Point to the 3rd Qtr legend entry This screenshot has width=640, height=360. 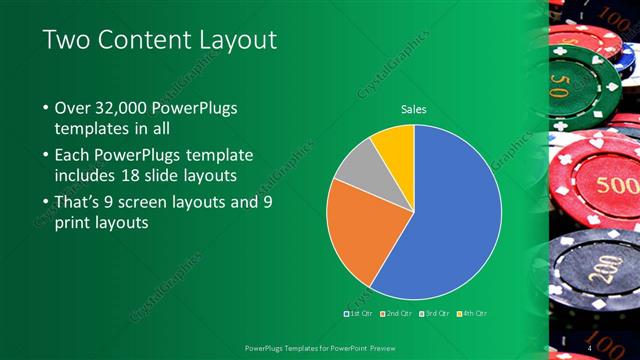tap(435, 314)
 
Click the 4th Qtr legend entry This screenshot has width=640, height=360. tap(474, 314)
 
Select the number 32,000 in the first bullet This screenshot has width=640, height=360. tap(124, 108)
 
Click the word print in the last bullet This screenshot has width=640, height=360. tap(73, 223)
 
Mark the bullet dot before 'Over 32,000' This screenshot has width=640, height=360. tap(46, 108)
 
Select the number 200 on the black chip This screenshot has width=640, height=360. tap(600, 272)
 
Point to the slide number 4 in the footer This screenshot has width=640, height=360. tap(590, 346)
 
